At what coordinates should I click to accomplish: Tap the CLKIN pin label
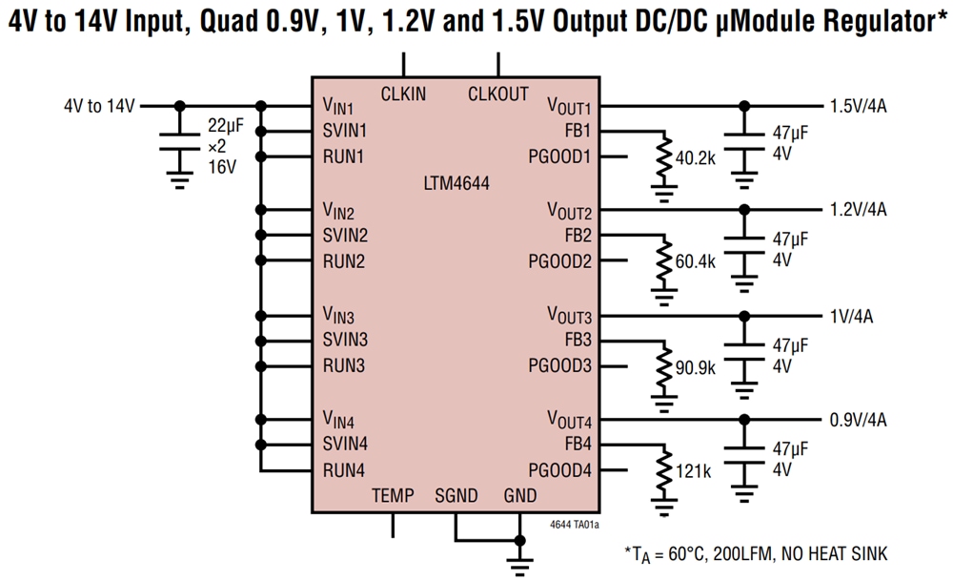pyautogui.click(x=403, y=93)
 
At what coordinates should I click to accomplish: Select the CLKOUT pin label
pyautogui.click(x=497, y=93)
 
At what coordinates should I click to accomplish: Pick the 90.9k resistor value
pyautogui.click(x=695, y=367)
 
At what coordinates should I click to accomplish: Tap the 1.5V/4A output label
pyautogui.click(x=858, y=106)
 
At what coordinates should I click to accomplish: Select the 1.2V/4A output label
pyautogui.click(x=858, y=210)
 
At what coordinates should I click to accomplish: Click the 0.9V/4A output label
pyautogui.click(x=858, y=419)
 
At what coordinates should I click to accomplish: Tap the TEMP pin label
pyautogui.click(x=393, y=495)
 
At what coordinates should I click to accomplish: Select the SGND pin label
pyautogui.click(x=456, y=495)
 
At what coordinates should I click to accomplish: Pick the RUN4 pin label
pyautogui.click(x=344, y=469)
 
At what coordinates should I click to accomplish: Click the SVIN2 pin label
pyautogui.click(x=345, y=235)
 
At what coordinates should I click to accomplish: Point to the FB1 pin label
pyautogui.click(x=578, y=131)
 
